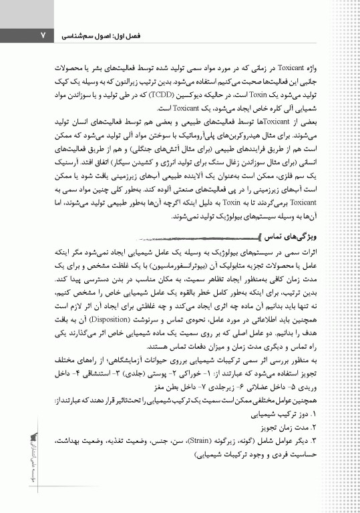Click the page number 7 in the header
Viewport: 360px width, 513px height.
pos(42,33)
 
